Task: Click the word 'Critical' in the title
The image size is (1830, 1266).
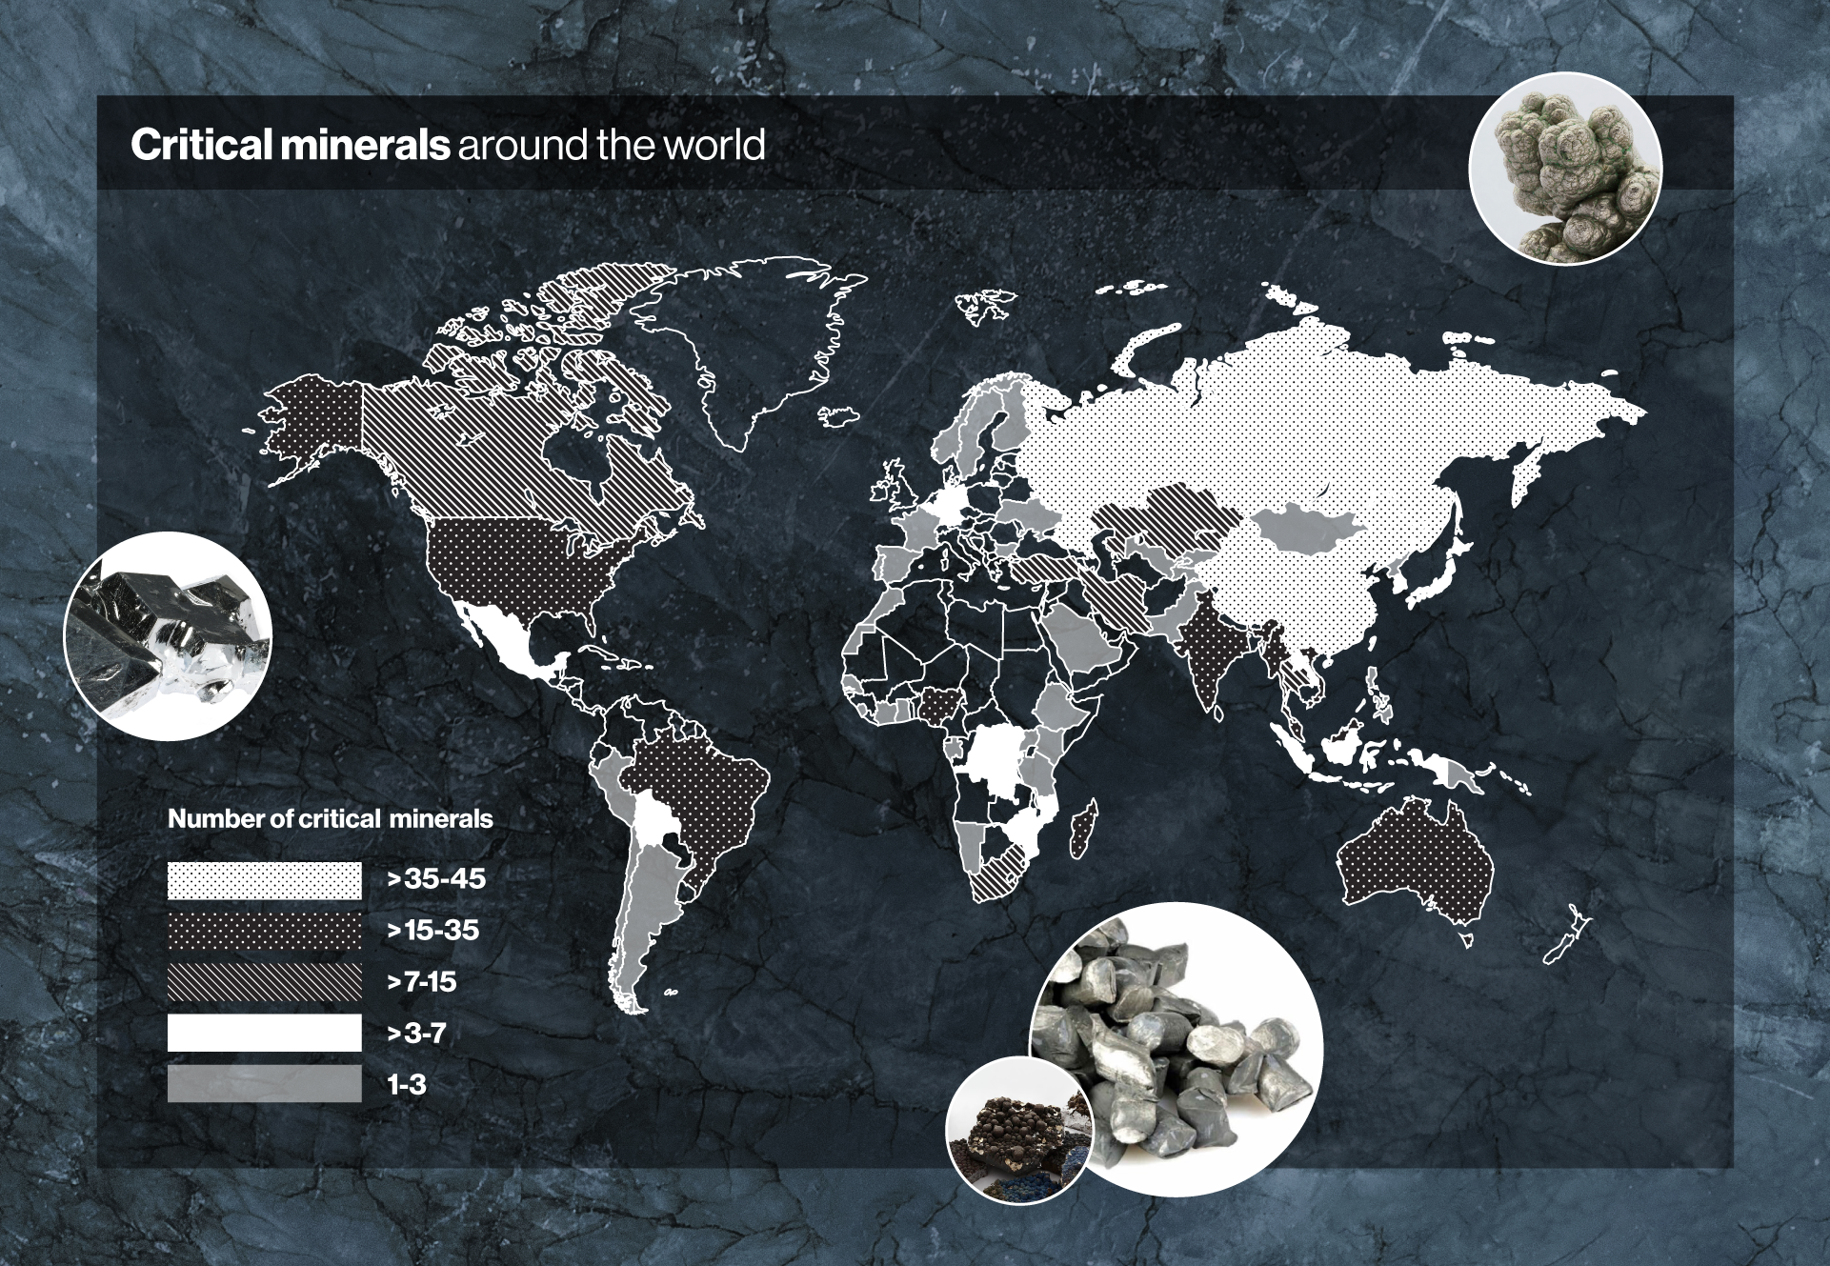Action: point(194,145)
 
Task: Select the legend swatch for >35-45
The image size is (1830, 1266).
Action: point(265,880)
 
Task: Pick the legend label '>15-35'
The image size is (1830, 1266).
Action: point(433,931)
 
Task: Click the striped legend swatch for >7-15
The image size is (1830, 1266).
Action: point(265,982)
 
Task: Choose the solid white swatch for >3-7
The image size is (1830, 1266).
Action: point(265,1033)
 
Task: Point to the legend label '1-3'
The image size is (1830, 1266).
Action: point(407,1084)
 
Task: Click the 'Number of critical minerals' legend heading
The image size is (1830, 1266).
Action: point(331,819)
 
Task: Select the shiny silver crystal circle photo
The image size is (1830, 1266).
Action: point(168,636)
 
